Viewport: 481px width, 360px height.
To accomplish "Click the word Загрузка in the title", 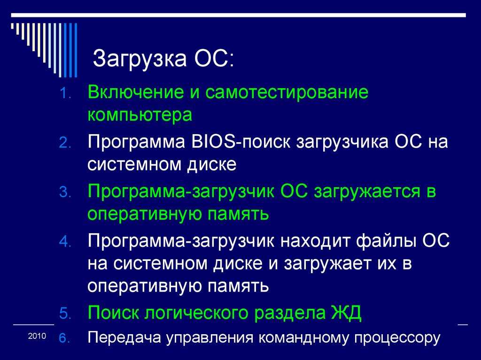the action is click(x=140, y=59).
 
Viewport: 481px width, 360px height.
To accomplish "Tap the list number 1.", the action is click(x=65, y=93).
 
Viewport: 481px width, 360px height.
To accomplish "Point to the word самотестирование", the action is click(x=287, y=92).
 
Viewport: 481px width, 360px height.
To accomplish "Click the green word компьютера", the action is click(x=140, y=115).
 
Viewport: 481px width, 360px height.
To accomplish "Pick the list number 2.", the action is click(x=65, y=143).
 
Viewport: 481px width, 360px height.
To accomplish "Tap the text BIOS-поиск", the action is click(x=240, y=142).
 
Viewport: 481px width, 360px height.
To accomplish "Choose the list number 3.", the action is click(x=65, y=192).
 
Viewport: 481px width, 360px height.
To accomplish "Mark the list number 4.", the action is click(x=65, y=242).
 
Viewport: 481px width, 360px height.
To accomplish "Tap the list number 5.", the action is click(x=65, y=314).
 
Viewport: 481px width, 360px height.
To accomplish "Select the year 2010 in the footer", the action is click(x=37, y=336).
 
